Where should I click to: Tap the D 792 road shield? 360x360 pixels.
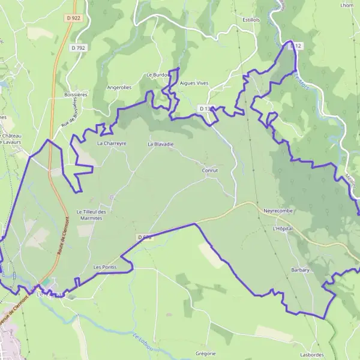(77, 47)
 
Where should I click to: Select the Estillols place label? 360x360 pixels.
(251, 19)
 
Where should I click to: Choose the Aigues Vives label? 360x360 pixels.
(194, 84)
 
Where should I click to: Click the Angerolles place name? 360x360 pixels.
(119, 87)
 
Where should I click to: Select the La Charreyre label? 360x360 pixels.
(112, 144)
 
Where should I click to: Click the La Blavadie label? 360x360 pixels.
(160, 144)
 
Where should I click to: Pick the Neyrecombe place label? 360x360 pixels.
(278, 211)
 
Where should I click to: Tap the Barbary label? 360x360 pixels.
(300, 270)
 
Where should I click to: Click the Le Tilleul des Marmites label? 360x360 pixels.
(91, 215)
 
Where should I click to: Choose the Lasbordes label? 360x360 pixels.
(316, 355)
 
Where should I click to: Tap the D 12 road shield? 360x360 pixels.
(295, 46)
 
